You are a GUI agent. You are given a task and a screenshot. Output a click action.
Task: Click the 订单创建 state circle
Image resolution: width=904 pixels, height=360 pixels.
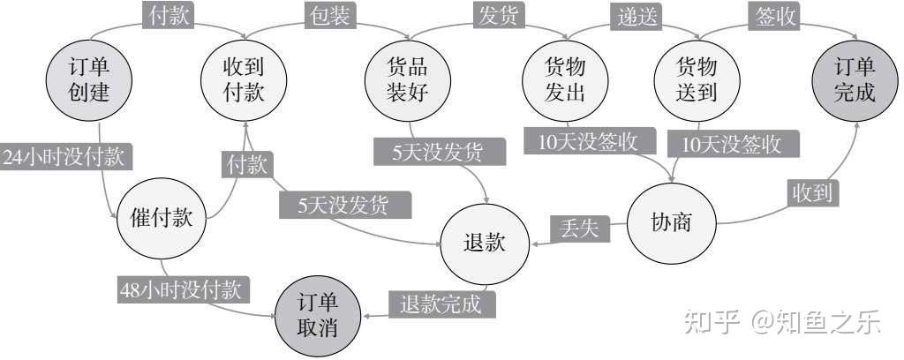click(88, 79)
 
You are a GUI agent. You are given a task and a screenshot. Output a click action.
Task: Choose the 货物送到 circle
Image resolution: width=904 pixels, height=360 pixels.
click(697, 79)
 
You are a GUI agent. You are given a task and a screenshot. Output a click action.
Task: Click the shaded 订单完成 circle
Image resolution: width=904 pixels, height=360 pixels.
click(855, 79)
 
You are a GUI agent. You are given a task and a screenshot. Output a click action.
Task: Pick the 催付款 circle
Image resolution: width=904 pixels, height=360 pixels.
click(162, 219)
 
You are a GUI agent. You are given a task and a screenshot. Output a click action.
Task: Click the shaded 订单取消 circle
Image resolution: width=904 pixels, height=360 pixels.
click(317, 315)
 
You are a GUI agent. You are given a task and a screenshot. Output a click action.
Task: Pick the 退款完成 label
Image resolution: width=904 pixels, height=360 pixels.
click(441, 304)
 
